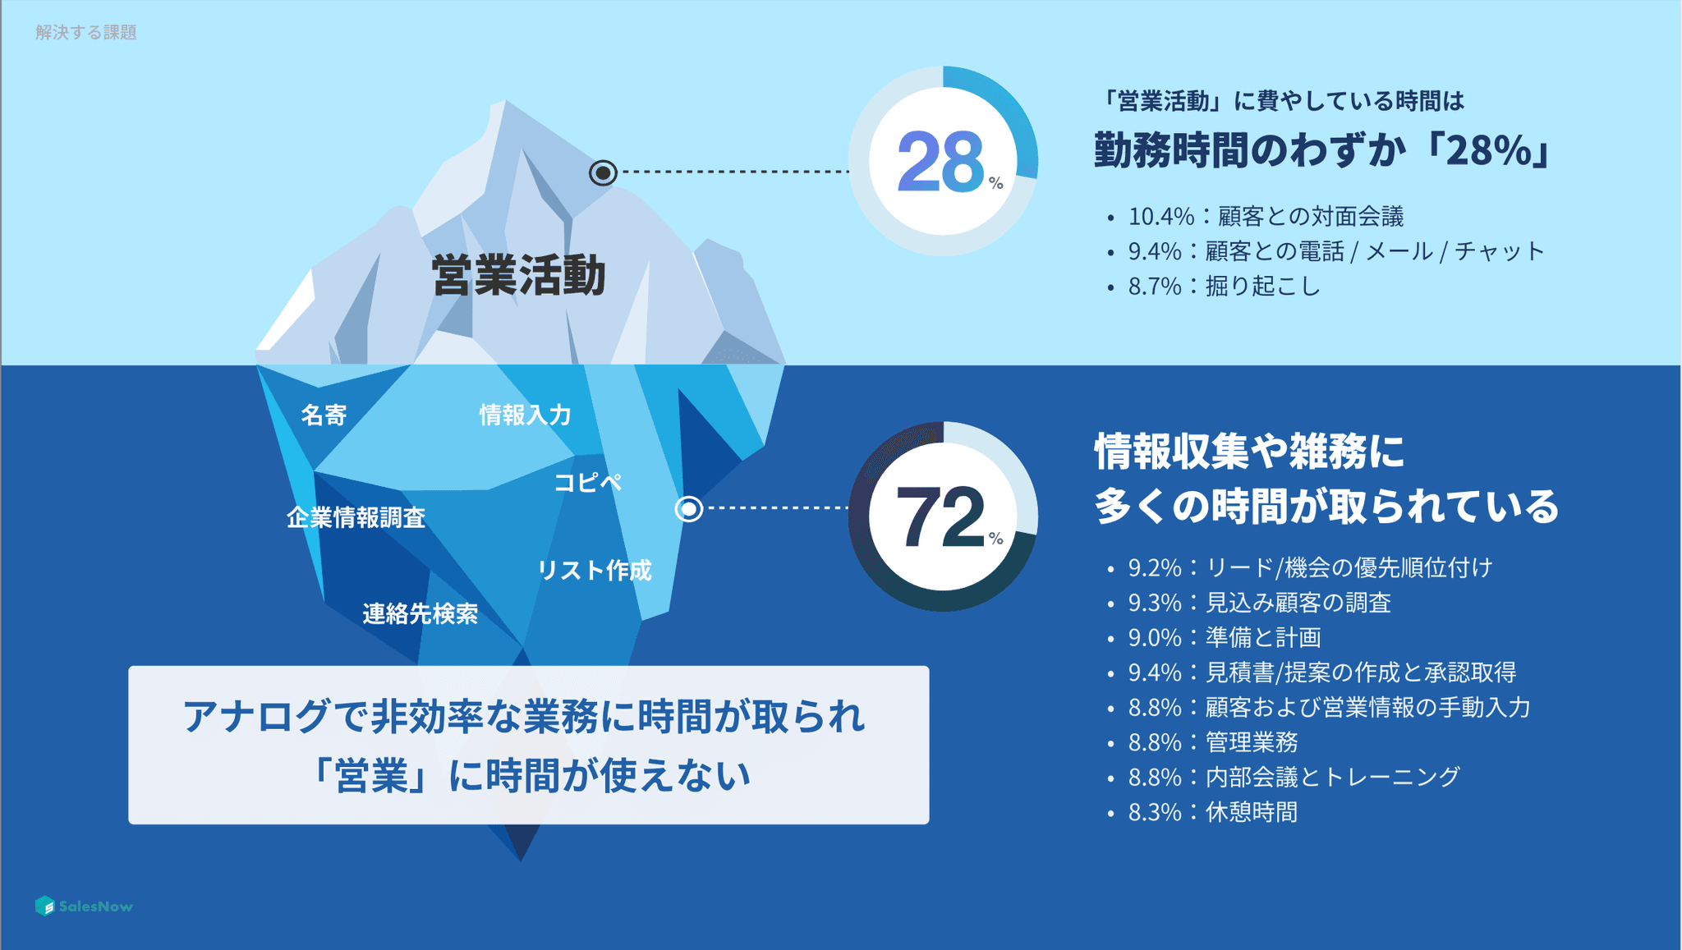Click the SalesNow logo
point(84,906)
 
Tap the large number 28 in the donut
point(940,162)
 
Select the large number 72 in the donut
point(940,516)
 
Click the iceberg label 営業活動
point(518,275)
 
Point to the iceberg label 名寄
point(324,415)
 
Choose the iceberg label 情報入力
point(526,415)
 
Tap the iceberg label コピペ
point(588,482)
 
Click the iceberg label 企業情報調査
point(356,517)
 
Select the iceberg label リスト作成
point(595,570)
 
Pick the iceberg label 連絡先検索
point(420,613)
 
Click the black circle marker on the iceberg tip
point(603,172)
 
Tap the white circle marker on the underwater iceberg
point(688,509)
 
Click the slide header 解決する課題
point(86,32)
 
